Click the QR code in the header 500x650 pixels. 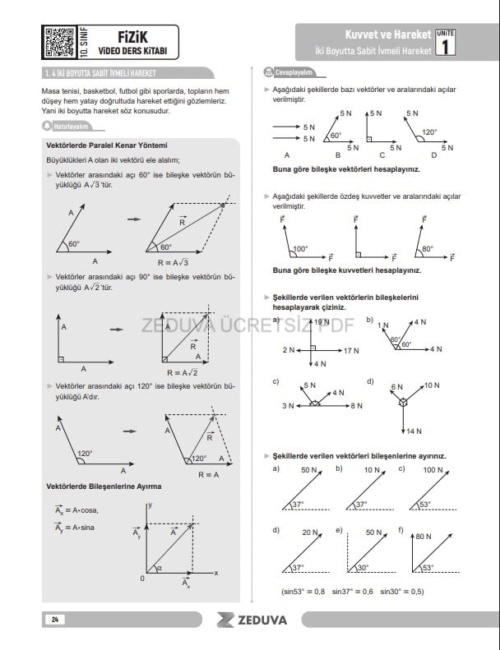point(58,41)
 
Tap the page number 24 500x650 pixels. point(53,618)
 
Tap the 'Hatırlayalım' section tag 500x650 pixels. point(69,127)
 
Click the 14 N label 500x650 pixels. point(413,431)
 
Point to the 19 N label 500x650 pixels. point(321,323)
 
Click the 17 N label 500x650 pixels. point(351,351)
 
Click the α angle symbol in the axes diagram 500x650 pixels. point(160,565)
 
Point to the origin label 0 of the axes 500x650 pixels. point(142,579)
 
